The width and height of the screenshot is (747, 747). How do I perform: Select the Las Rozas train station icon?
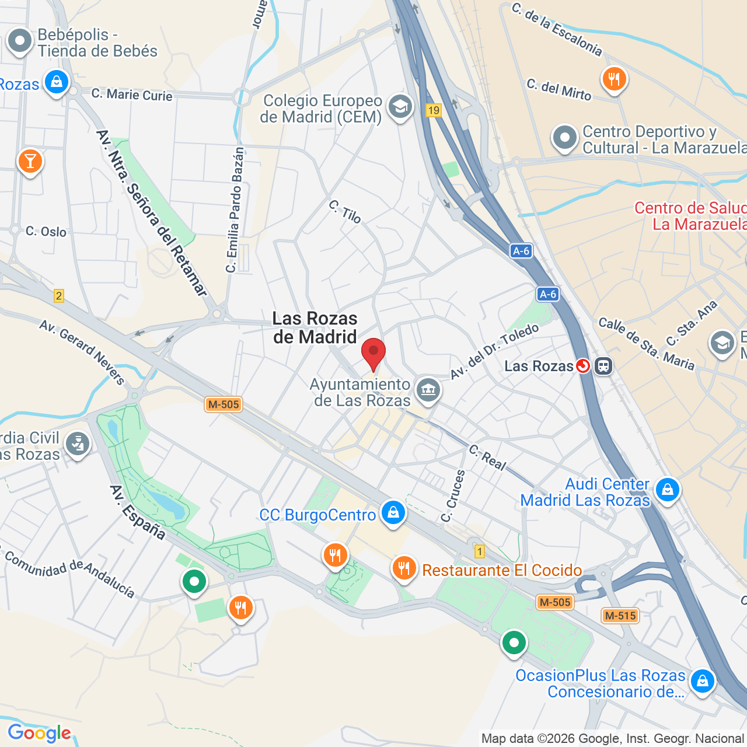click(603, 366)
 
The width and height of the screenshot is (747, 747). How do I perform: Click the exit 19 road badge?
click(433, 110)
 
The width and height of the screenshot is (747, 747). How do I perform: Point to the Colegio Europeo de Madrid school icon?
click(400, 107)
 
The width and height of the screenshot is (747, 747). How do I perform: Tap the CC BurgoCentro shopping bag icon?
click(393, 512)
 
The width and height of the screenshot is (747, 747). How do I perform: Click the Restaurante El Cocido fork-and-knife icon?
click(404, 567)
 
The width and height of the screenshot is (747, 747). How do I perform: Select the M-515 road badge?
click(620, 615)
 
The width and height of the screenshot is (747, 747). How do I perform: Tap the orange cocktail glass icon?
click(30, 160)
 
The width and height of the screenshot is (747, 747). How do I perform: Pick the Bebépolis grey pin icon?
click(20, 41)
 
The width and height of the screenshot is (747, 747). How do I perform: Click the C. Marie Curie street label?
click(132, 95)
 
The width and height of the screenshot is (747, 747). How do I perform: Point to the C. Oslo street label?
click(46, 232)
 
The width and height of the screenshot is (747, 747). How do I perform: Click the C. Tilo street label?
click(345, 212)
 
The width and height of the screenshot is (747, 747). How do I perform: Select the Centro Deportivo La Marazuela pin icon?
click(564, 138)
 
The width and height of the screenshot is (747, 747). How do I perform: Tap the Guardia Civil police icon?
click(78, 444)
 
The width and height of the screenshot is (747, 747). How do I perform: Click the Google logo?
click(39, 732)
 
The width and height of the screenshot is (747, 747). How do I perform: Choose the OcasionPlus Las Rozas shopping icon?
click(702, 680)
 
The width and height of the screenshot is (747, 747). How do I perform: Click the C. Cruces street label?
click(453, 496)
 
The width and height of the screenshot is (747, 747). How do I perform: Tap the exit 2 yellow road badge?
click(58, 296)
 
